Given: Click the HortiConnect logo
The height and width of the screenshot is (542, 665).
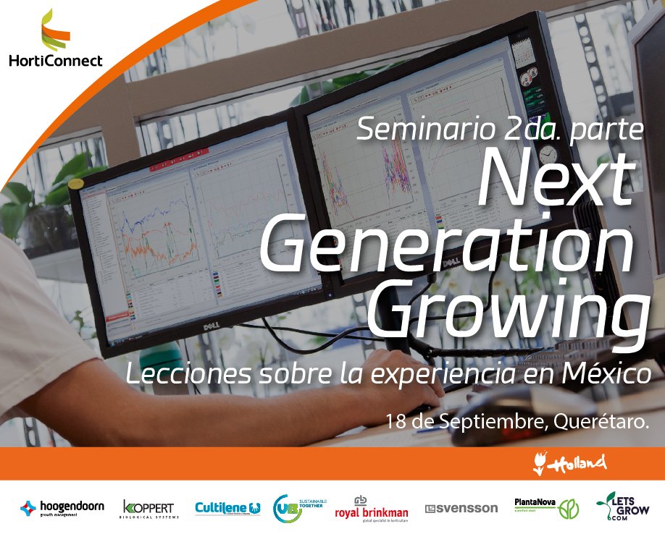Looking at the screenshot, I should [56, 40].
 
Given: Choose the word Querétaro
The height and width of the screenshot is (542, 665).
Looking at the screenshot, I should [600, 420].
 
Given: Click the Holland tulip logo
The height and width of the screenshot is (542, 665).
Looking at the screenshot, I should [569, 463].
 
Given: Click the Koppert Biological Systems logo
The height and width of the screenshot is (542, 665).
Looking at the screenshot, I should [148, 509].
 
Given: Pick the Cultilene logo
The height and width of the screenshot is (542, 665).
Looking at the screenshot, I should [227, 509].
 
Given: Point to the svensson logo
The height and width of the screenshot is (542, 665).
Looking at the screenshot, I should [461, 509].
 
